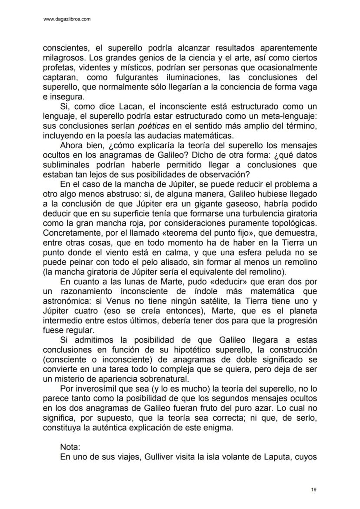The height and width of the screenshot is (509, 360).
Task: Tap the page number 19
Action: coord(314,490)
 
